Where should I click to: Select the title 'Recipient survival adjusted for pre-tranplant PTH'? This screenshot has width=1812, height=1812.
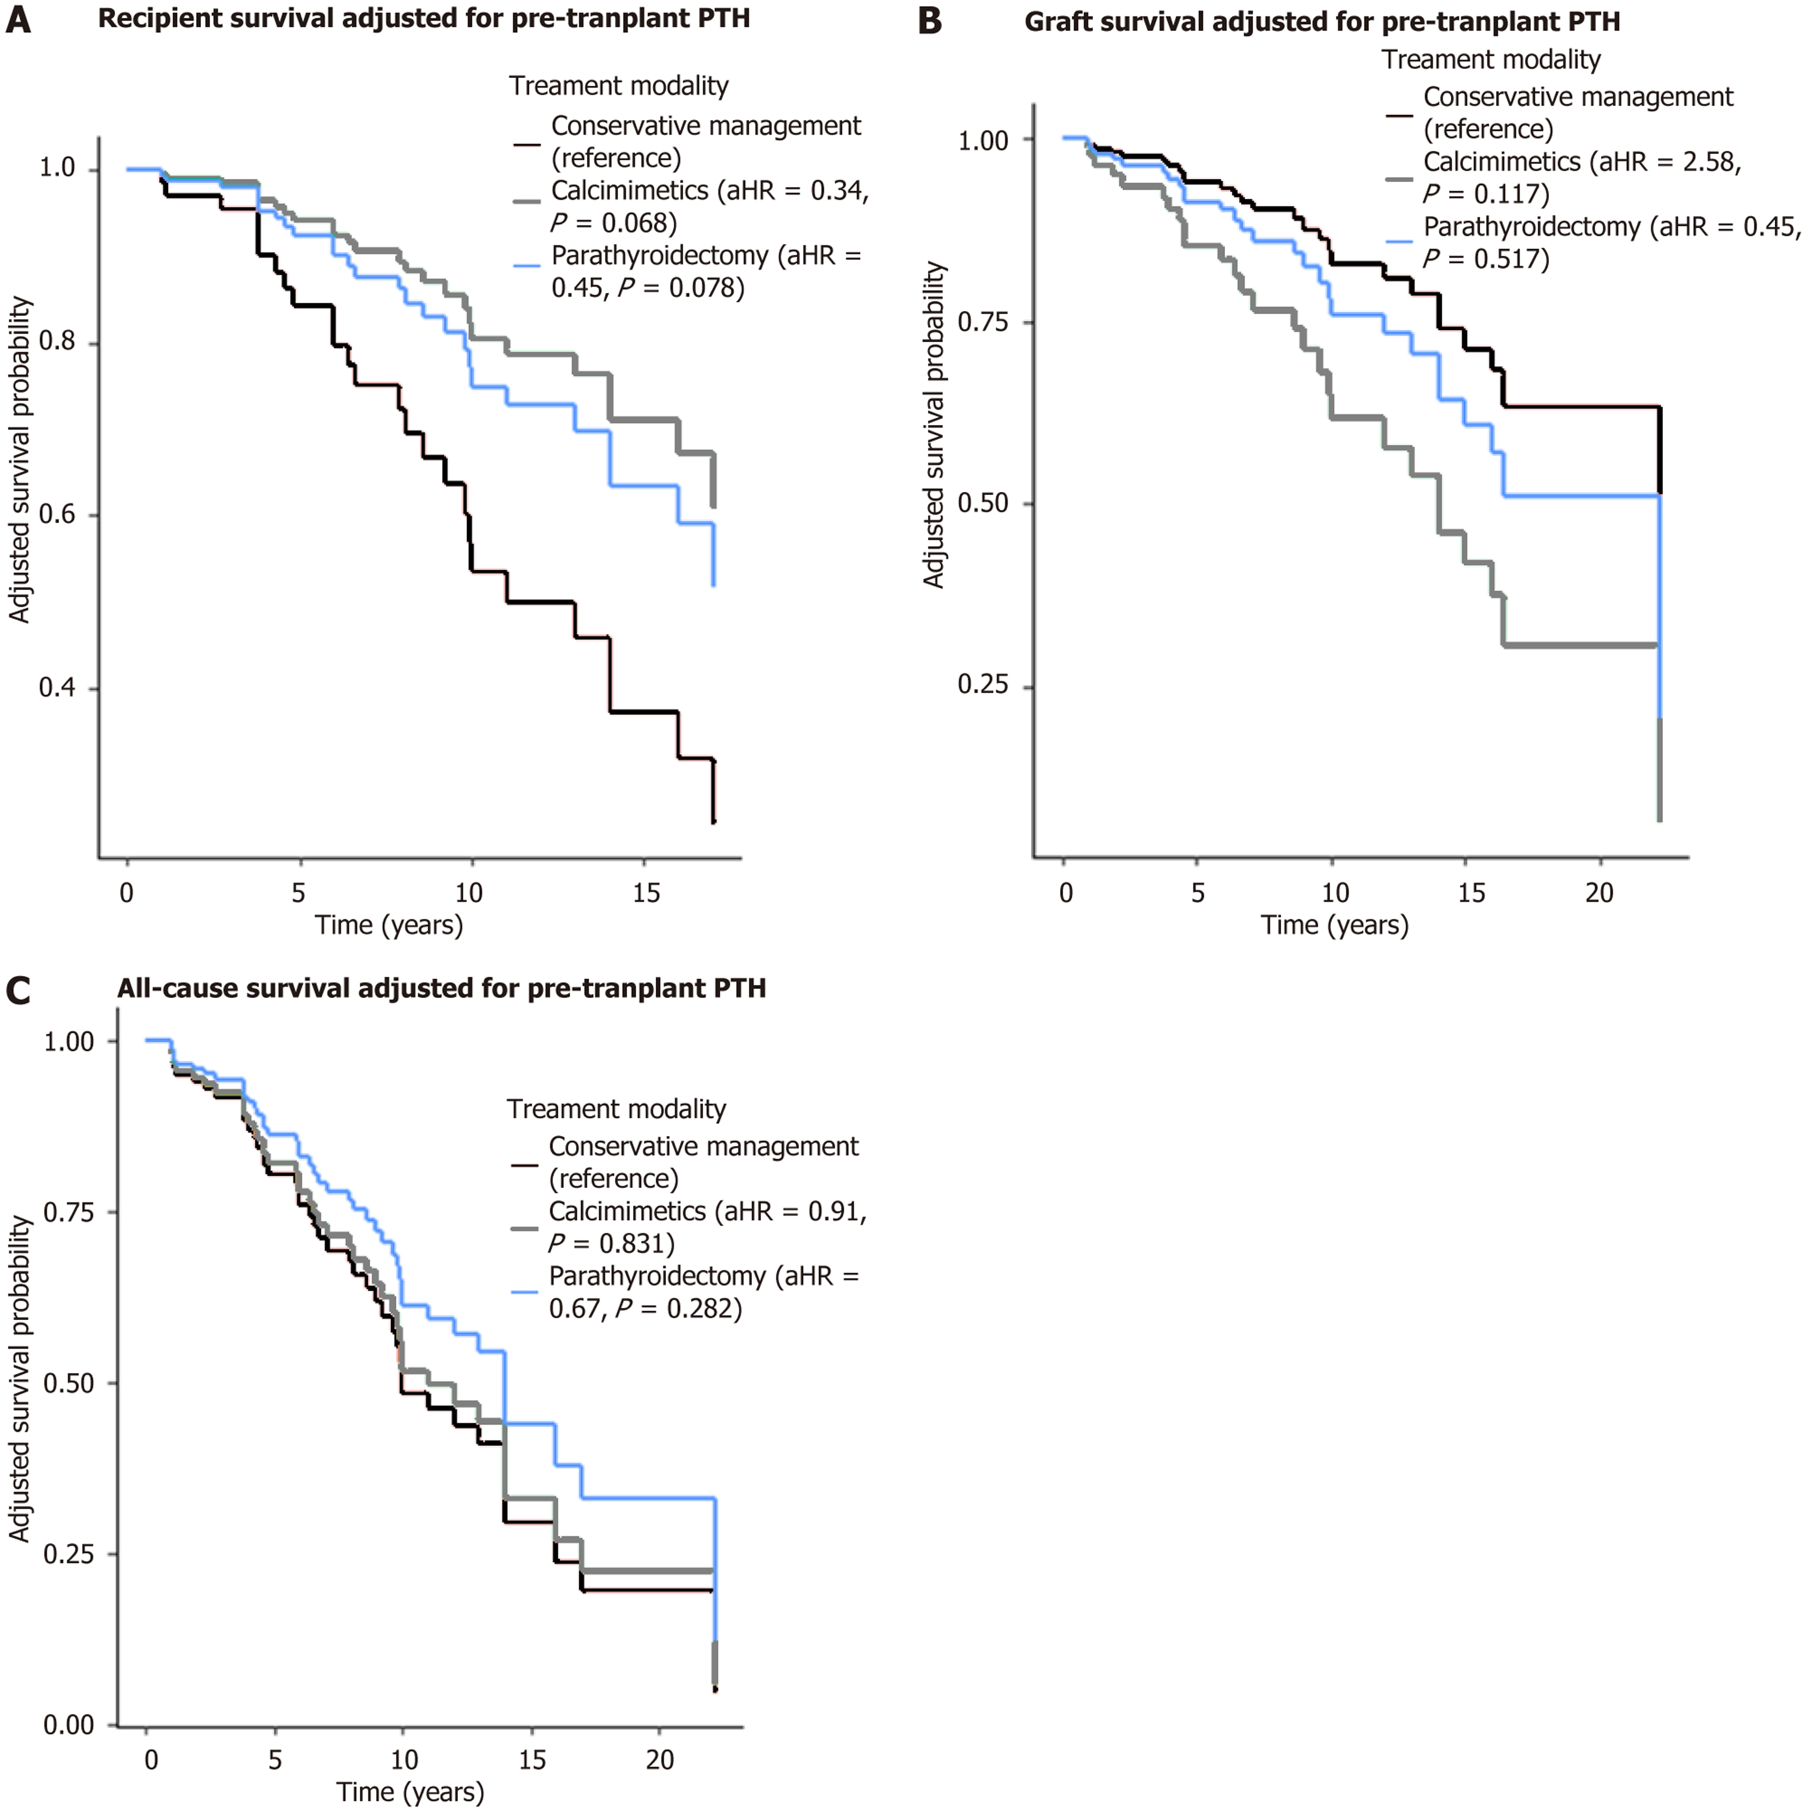(x=424, y=19)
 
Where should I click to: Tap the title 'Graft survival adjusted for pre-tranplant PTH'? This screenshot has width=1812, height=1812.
(x=1322, y=21)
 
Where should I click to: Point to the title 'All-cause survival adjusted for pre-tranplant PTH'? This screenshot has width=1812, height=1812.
(x=441, y=989)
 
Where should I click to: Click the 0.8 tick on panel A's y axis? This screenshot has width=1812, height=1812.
(x=57, y=342)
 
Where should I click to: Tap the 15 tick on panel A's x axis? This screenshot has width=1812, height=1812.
(x=645, y=892)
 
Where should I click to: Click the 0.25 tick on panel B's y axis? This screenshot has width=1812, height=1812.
(x=982, y=686)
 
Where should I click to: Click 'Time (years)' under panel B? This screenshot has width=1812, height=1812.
(x=1333, y=925)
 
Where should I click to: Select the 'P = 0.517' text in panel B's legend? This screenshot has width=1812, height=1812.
(x=1486, y=259)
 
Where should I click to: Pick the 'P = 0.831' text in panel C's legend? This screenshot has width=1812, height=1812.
(x=611, y=1244)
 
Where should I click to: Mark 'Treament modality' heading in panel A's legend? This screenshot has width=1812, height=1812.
(x=618, y=86)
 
